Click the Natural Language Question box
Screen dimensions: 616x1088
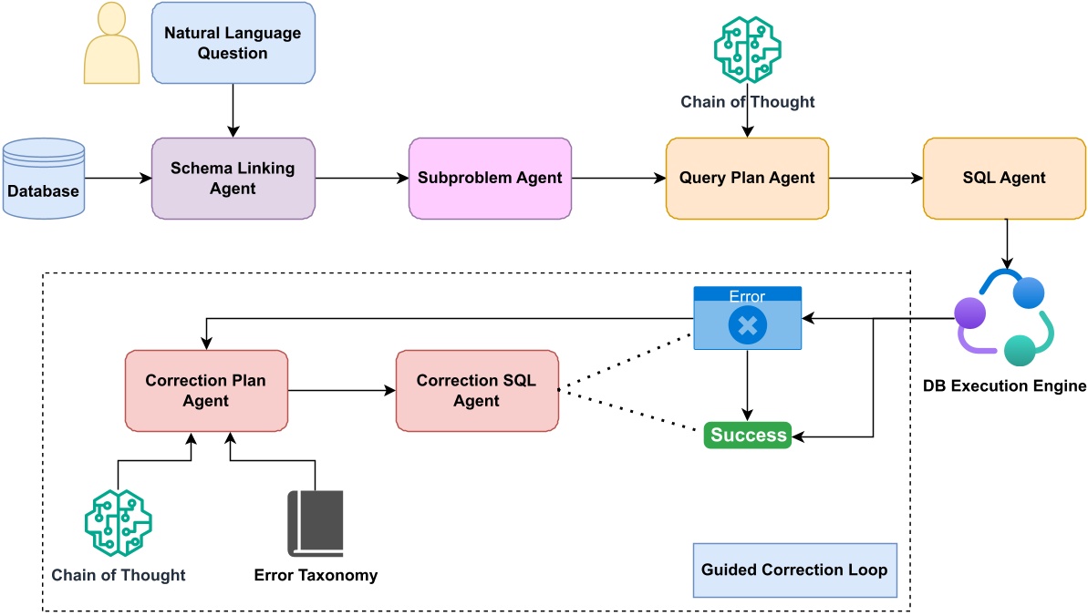pos(233,43)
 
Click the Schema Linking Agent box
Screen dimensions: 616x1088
pos(233,179)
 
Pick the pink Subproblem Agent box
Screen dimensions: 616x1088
pos(490,179)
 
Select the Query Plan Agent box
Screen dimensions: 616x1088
pos(747,179)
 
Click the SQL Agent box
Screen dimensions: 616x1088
pos(1004,179)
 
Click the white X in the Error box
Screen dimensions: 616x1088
pos(747,325)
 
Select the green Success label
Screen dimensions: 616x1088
pos(748,436)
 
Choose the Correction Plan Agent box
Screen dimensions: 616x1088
pos(205,391)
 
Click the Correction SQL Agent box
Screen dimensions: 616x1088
pos(476,391)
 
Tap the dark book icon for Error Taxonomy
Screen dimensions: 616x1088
pos(316,523)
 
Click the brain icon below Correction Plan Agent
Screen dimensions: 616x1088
pos(118,523)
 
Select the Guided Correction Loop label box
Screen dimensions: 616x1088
pos(794,570)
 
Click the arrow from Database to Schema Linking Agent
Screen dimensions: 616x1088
pos(118,179)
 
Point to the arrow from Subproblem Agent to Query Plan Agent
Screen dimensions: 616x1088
pos(618,179)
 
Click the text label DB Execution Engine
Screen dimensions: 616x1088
pos(1004,386)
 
